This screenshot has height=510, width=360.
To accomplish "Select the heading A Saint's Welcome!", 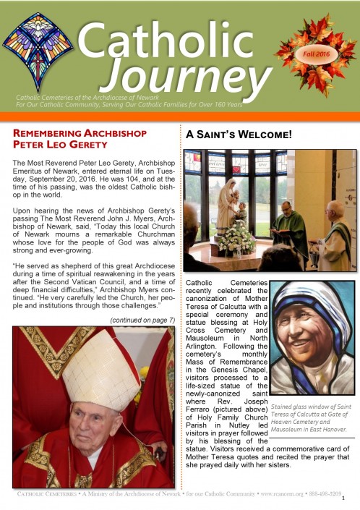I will (238, 134).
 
